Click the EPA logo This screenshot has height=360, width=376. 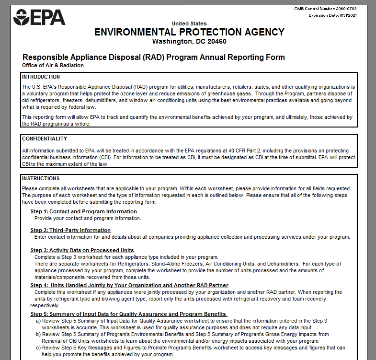(39, 17)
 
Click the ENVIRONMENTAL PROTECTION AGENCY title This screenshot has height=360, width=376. (189, 32)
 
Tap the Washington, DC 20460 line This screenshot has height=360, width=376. (189, 41)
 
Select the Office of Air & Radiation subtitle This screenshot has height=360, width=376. (53, 65)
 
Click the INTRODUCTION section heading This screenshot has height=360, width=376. (41, 77)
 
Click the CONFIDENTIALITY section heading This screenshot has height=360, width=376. (45, 139)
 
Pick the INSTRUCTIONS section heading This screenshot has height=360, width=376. (41, 178)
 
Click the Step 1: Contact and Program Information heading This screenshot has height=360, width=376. (84, 211)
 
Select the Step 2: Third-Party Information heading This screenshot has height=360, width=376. (70, 230)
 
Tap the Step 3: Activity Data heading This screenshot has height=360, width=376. (82, 250)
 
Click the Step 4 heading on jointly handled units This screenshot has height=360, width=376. (129, 285)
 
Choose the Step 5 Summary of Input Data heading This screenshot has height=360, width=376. (128, 314)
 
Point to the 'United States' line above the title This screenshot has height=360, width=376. (189, 23)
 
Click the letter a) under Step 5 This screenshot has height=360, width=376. (38, 320)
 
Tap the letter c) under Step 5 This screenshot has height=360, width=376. (38, 348)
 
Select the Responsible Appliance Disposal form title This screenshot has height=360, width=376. (154, 58)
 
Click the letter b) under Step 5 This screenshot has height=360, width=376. (38, 334)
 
